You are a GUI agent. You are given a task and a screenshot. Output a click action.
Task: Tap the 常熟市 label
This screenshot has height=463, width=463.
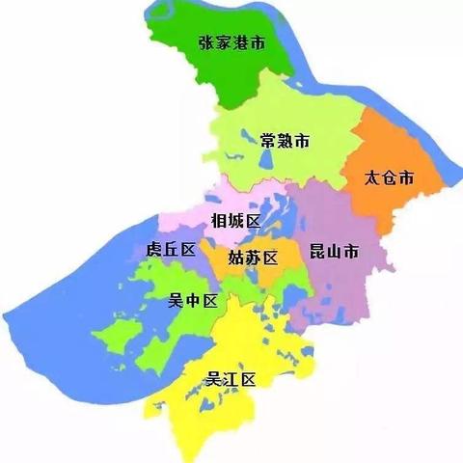tap(286, 141)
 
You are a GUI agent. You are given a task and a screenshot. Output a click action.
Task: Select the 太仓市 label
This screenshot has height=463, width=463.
tap(390, 178)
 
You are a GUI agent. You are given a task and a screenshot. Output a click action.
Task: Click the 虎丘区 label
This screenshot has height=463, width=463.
tap(172, 250)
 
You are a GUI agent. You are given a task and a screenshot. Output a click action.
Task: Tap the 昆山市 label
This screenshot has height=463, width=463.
tap(334, 253)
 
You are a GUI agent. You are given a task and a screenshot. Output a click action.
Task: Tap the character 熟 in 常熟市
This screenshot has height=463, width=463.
tap(286, 141)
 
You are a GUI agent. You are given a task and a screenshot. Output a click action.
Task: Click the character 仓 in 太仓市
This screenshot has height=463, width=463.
tap(390, 178)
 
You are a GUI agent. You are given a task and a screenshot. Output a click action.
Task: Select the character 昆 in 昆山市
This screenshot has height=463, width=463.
tap(317, 253)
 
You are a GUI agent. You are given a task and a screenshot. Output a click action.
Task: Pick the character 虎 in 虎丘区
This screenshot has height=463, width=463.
tap(154, 250)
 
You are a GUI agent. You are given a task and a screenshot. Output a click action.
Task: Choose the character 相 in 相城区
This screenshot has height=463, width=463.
tap(219, 221)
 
